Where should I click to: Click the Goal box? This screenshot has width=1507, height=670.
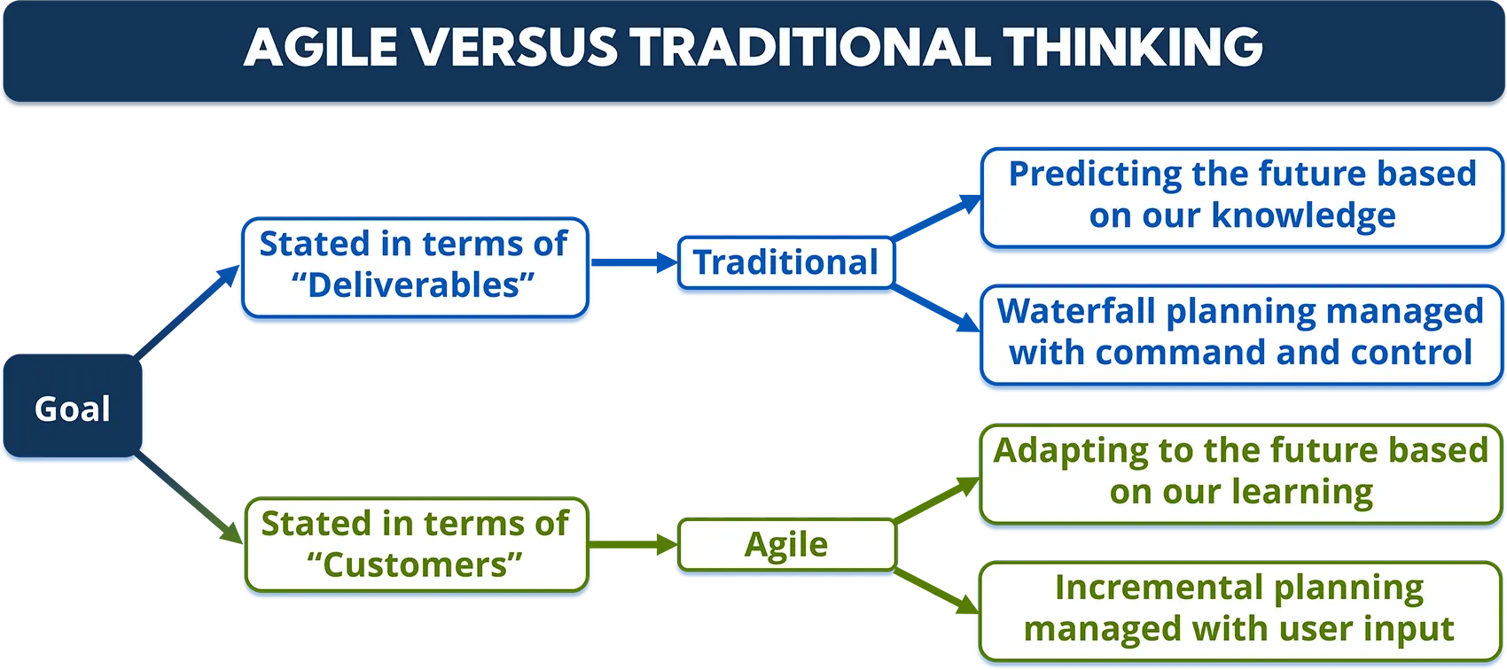[72, 409]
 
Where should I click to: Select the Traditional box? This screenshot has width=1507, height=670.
[785, 262]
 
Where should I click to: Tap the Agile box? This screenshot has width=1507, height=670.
[786, 544]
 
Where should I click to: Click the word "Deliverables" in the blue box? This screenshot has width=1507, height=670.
[413, 285]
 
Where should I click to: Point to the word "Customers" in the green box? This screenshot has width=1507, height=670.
[414, 565]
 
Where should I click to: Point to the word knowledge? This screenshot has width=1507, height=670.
[1303, 215]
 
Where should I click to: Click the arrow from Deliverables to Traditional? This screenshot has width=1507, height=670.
[634, 262]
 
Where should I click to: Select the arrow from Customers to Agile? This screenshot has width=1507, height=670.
[634, 544]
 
